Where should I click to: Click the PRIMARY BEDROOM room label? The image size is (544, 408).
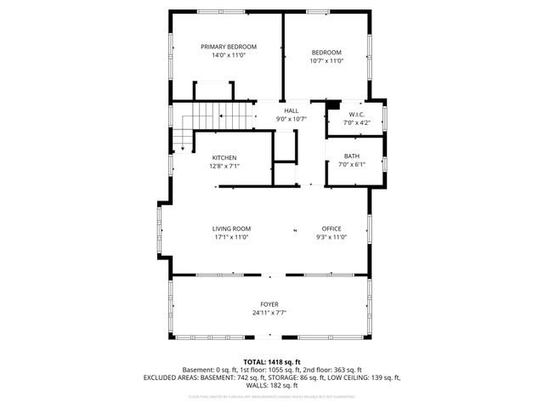(x=228, y=47)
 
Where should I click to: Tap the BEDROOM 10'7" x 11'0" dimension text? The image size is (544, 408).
(x=326, y=61)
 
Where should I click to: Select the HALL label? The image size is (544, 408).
(x=291, y=110)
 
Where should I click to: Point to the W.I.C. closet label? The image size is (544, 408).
(x=357, y=114)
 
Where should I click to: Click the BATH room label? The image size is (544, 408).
(x=351, y=156)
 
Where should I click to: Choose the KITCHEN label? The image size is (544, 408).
(x=224, y=158)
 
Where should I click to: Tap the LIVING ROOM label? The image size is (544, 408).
(x=231, y=229)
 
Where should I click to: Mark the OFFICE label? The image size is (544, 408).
(x=331, y=229)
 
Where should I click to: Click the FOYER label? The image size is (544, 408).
(x=269, y=304)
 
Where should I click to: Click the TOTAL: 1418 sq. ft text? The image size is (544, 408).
(x=271, y=362)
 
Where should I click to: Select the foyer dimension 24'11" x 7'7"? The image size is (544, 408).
(x=269, y=313)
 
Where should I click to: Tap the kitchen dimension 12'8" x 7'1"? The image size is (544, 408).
(x=224, y=167)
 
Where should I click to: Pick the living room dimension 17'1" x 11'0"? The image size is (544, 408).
(x=231, y=237)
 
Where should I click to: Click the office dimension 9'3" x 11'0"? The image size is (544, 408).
(x=331, y=237)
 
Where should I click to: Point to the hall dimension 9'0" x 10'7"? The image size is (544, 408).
(x=291, y=119)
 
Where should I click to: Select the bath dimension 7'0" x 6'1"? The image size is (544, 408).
(x=351, y=165)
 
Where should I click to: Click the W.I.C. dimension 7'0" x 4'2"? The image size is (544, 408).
(x=357, y=122)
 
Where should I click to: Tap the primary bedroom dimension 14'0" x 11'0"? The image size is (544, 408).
(x=228, y=55)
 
